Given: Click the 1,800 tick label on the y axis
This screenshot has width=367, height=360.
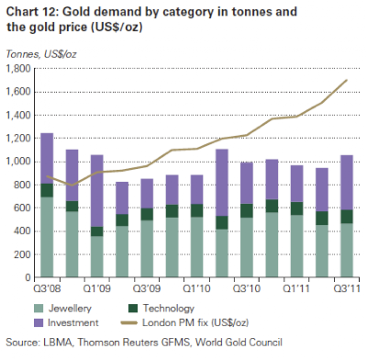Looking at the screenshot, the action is point(18,69).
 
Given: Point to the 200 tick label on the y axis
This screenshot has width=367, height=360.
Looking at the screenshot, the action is point(22,254).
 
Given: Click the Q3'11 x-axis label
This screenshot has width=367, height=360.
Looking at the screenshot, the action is point(347,288).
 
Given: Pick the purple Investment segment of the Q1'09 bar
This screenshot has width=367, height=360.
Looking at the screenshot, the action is point(97,191).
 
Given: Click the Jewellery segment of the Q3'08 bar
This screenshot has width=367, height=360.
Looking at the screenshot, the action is point(47,237).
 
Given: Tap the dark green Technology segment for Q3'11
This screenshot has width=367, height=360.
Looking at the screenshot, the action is point(347,217).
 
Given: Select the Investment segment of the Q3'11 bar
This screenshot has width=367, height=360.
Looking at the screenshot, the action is point(347,183).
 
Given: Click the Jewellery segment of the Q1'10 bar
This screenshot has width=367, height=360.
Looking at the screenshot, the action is point(197,247).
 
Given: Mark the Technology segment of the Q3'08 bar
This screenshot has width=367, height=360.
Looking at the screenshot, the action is point(47,190).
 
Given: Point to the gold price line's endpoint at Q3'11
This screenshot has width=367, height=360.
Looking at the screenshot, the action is point(347,80).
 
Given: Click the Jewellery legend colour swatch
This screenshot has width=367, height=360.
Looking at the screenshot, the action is point(39,309).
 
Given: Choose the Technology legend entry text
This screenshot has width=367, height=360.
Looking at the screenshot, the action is point(168,309).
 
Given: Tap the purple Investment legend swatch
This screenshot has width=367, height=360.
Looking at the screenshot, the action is point(39,322).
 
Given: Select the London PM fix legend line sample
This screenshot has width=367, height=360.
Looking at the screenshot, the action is point(129,322).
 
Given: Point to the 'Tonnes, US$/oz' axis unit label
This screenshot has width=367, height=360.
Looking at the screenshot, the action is point(41,54).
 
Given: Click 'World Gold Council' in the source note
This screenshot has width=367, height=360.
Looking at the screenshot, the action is point(239,343).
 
